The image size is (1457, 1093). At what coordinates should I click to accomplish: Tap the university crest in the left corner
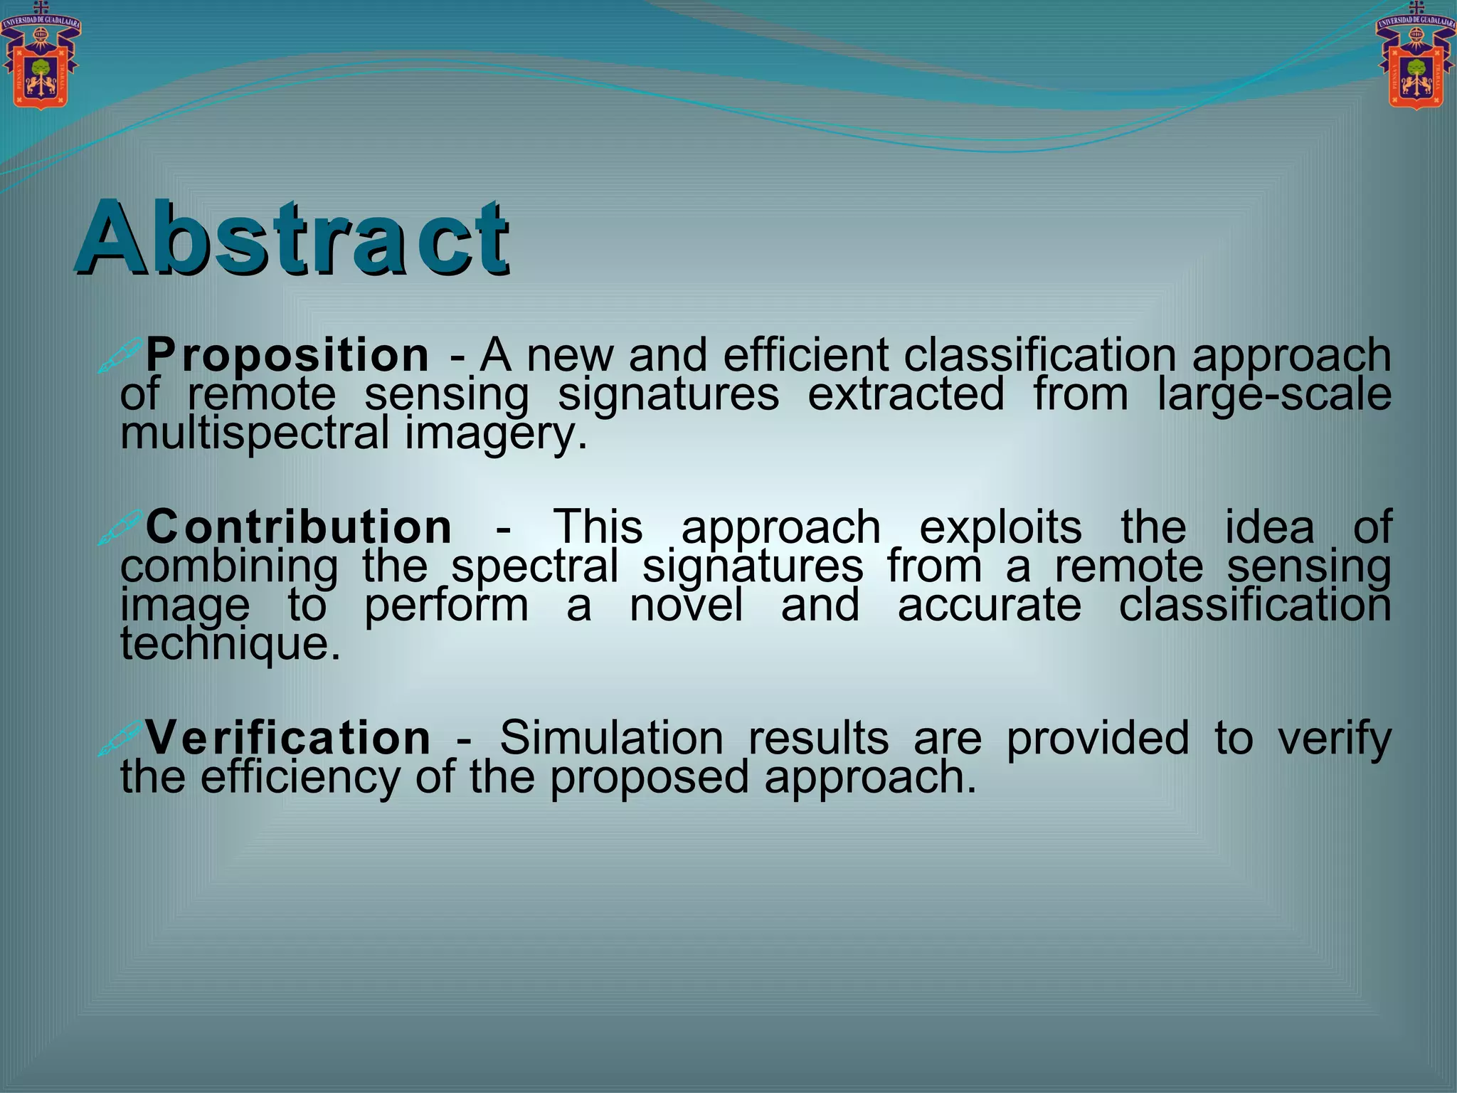[41, 57]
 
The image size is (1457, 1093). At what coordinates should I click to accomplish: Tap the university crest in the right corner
[1416, 57]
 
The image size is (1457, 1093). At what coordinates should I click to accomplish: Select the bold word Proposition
[287, 355]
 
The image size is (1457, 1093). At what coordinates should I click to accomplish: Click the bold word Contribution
[299, 527]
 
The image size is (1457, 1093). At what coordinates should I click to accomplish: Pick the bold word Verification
[288, 737]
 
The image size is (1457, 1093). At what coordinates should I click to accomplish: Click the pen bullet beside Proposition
[120, 355]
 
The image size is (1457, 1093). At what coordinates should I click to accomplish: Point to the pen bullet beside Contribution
[120, 528]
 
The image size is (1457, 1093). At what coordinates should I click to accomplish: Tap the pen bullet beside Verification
[120, 738]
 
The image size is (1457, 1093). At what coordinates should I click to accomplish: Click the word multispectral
[255, 433]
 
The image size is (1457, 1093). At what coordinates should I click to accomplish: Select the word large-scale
[1273, 395]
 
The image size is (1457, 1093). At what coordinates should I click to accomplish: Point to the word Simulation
[611, 737]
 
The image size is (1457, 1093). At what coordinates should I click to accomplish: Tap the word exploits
[1000, 528]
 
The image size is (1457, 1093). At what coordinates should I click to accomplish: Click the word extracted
[906, 395]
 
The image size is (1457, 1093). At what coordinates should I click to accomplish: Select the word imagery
[496, 435]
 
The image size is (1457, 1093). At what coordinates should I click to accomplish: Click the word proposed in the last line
[649, 777]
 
